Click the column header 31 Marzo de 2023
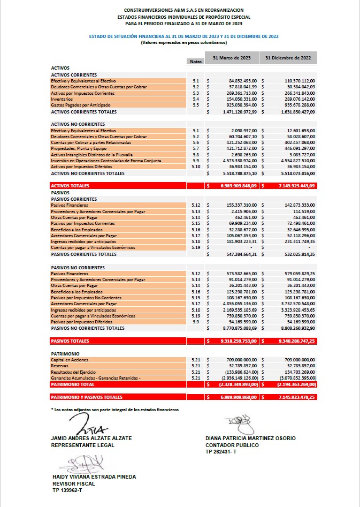coord(232,57)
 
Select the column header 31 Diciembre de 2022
coord(288,57)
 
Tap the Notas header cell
coord(195,62)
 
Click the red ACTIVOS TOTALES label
coord(70,186)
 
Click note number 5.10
coord(195,167)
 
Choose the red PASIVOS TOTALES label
coord(70,341)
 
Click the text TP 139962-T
coord(67,490)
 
